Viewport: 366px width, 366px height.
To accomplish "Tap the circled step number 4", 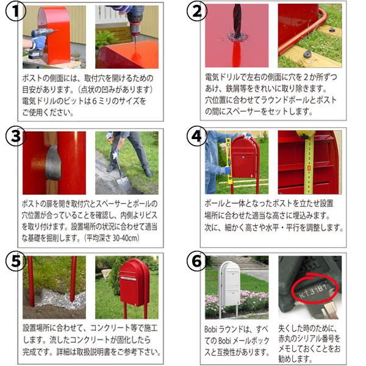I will (x=195, y=137).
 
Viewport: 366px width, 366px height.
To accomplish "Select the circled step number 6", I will (x=195, y=261).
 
